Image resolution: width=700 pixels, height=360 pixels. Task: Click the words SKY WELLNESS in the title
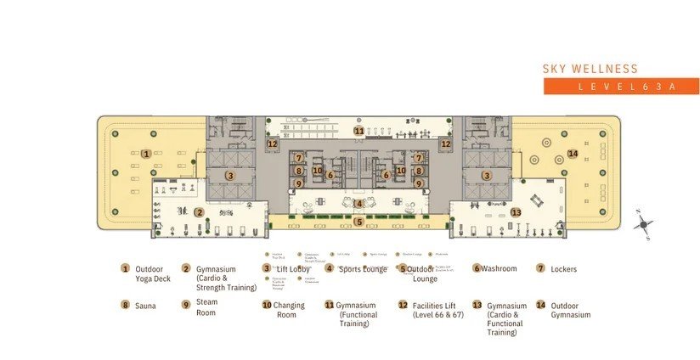590,69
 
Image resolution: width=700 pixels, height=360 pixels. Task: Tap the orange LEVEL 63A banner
621,87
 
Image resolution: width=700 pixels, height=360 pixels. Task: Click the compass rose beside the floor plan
645,225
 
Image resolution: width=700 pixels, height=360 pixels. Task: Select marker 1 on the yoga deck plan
147,154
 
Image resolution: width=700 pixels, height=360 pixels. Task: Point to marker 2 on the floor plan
199,212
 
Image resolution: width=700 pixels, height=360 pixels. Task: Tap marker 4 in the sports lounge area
359,203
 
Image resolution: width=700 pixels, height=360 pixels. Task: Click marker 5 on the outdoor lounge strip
359,222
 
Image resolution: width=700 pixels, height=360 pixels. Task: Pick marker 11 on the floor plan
359,131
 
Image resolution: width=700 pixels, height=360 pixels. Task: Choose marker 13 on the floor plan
516,211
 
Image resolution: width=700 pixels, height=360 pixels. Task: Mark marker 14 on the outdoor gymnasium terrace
573,154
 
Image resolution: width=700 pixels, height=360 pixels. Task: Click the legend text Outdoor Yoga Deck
153,273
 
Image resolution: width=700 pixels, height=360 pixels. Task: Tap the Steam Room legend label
206,307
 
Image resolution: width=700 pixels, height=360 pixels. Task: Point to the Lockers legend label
562,269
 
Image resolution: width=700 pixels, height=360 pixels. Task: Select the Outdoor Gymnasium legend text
570,310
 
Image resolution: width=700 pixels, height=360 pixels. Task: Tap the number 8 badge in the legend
125,304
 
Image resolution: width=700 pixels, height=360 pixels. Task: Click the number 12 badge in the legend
403,304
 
